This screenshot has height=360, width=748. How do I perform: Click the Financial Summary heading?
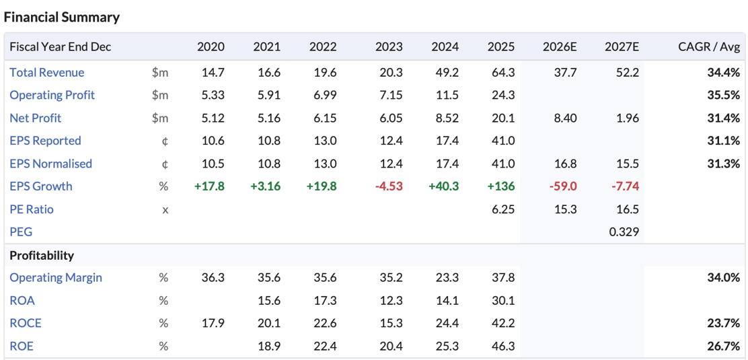click(x=61, y=17)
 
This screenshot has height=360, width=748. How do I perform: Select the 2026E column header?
click(x=560, y=47)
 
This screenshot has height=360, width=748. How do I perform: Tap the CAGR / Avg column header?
click(x=709, y=47)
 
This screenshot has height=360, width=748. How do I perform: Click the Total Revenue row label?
click(x=47, y=73)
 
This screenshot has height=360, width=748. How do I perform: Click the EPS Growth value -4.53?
click(x=389, y=186)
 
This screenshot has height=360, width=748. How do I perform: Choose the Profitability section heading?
click(x=42, y=256)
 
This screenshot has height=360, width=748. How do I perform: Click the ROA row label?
click(x=22, y=300)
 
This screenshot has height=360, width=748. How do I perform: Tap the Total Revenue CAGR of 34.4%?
click(x=724, y=73)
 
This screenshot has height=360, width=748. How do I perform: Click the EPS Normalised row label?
click(x=50, y=164)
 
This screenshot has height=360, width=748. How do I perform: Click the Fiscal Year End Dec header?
click(x=61, y=47)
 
